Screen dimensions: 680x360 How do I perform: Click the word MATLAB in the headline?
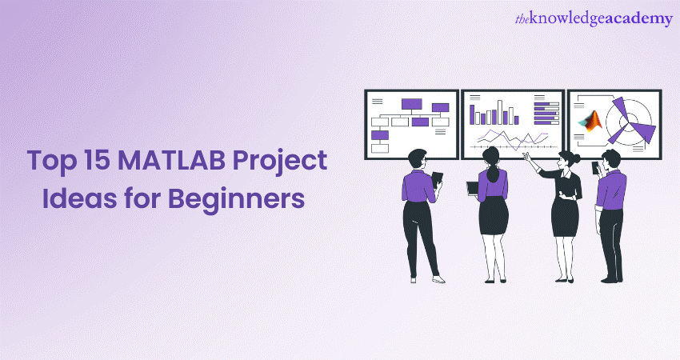tap(172, 161)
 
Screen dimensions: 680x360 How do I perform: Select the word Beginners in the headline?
tap(236, 198)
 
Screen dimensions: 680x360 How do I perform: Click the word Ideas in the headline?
tap(79, 198)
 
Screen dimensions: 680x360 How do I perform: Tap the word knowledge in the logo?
tap(566, 19)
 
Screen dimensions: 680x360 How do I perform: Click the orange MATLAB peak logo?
tap(591, 121)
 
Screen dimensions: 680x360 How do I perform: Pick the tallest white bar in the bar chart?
tap(499, 112)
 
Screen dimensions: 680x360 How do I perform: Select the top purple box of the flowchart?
tap(411, 104)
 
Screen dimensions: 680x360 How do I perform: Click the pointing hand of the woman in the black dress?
tap(526, 155)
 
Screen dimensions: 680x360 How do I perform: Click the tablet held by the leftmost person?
tap(437, 179)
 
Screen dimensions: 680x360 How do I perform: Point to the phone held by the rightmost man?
tap(595, 168)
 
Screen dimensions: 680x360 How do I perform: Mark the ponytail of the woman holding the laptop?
tap(492, 173)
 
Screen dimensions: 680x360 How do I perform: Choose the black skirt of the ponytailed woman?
tap(494, 215)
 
